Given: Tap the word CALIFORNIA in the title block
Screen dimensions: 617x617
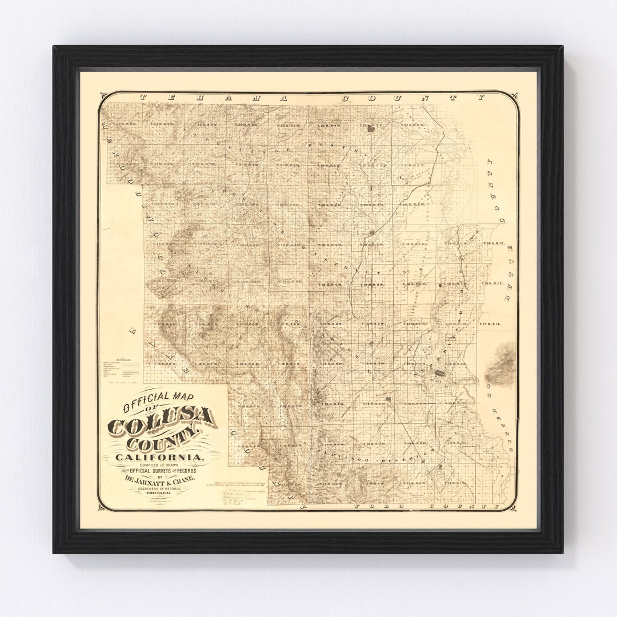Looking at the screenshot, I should pyautogui.click(x=158, y=457).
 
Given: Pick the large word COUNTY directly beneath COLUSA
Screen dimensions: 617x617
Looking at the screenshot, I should pyautogui.click(x=165, y=442).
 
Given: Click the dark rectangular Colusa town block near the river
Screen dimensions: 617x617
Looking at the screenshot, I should pyautogui.click(x=440, y=373).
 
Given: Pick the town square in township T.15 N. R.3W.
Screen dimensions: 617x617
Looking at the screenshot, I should pyautogui.click(x=389, y=398).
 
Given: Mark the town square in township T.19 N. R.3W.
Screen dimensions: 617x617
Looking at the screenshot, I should pyautogui.click(x=372, y=233).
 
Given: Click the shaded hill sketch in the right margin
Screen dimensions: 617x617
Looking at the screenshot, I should pyautogui.click(x=503, y=362).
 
